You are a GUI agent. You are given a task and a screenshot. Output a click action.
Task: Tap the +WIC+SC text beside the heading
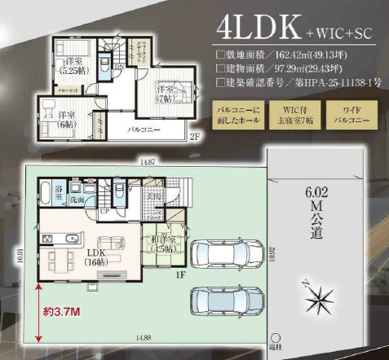[x=328, y=34]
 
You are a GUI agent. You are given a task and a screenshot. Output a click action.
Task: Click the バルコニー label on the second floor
[x=143, y=130]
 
